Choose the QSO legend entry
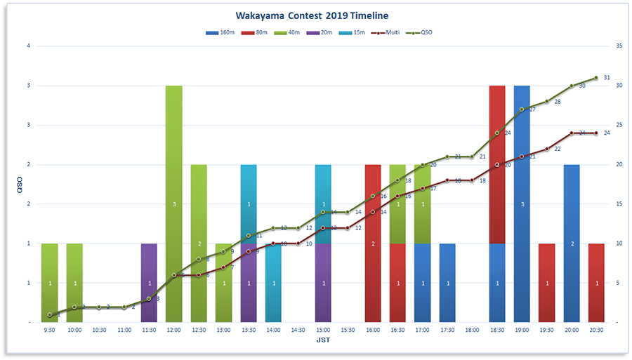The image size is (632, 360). coord(421,32)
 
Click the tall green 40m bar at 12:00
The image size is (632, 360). coord(174,204)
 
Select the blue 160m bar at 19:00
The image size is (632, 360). coord(522,204)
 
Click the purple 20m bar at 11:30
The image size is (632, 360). coord(149,283)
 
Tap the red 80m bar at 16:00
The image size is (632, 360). coord(373,244)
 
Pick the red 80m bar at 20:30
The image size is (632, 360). coord(597,283)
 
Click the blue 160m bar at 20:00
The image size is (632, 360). coord(572,244)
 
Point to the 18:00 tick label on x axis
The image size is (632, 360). coord(472,329)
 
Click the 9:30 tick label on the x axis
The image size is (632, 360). coord(49,329)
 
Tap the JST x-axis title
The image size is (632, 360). coord(323,340)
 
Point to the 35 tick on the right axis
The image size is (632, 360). coord(618,46)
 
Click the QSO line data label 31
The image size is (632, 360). coord(607,78)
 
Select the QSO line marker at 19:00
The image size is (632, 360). coord(522,109)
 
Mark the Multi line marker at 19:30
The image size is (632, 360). coord(547,149)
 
